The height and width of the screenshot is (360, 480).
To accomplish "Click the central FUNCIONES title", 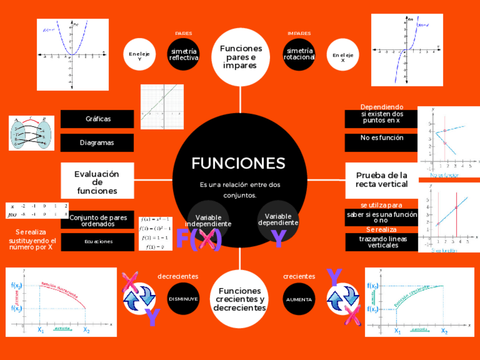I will tap(238, 163).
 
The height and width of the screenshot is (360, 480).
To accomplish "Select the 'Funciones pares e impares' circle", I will tap(241, 57).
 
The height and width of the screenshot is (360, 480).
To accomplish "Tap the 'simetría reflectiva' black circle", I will tap(184, 54).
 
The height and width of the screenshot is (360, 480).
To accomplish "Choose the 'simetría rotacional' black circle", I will tap(299, 54).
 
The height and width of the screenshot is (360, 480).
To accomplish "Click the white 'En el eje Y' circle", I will tap(139, 54).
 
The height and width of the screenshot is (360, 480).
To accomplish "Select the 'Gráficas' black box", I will tap(97, 119).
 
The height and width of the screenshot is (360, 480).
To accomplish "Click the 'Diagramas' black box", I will tap(97, 143).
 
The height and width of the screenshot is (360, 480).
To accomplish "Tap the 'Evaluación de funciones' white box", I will tap(97, 181).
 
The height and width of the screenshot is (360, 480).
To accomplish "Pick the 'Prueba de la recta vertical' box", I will tap(382, 179).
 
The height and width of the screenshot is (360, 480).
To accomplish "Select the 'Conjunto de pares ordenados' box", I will tap(97, 220).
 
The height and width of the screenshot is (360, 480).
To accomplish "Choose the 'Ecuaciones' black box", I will tap(98, 242).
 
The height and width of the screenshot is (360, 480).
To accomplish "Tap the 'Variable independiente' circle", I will tap(208, 220).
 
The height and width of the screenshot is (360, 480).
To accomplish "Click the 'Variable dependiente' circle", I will tap(278, 218).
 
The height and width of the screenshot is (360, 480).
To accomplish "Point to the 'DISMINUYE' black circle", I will tap(183, 298).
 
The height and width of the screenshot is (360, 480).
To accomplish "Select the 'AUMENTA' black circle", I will tap(299, 298).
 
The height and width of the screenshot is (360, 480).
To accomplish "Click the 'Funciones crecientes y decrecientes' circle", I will tap(240, 299).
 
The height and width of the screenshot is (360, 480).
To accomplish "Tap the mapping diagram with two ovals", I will tap(32, 133).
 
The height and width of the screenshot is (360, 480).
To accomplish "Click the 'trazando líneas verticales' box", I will tap(382, 242).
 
